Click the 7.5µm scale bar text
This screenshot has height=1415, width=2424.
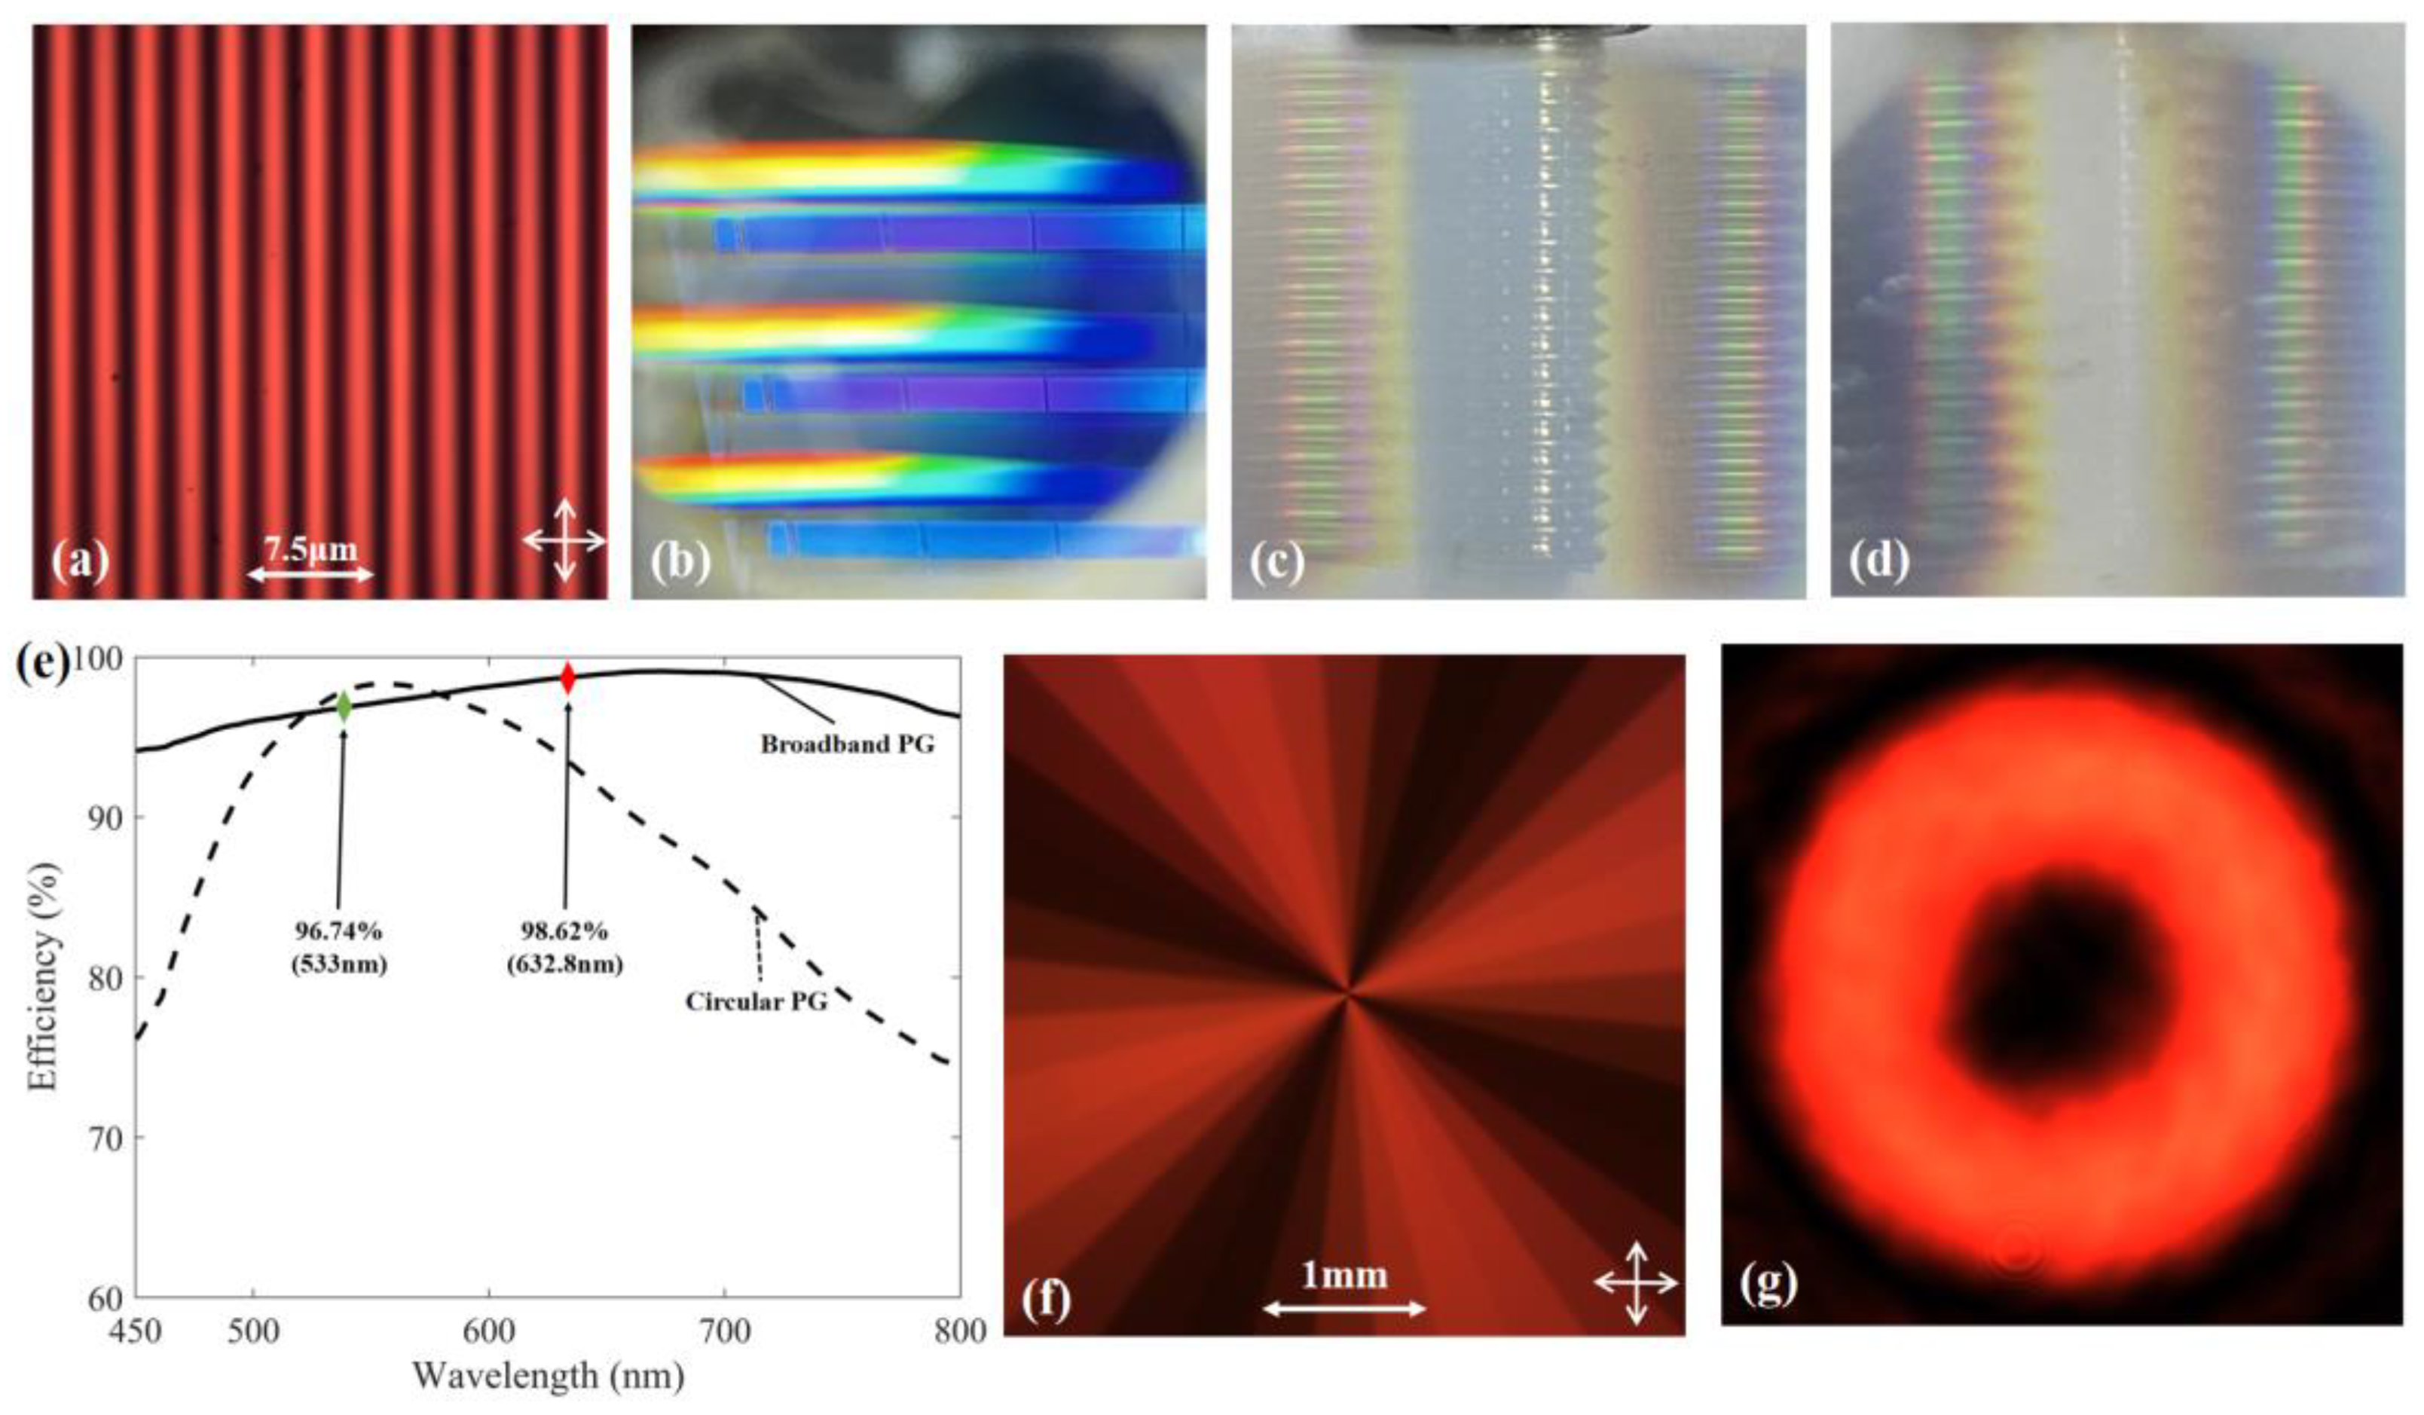[x=310, y=549]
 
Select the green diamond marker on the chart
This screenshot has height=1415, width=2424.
[x=344, y=708]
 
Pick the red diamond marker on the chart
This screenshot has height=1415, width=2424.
[x=567, y=679]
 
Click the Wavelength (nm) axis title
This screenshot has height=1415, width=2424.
[x=549, y=1377]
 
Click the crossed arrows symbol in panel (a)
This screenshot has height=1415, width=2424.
[x=564, y=539]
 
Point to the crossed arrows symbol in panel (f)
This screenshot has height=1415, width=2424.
[x=1636, y=1282]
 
